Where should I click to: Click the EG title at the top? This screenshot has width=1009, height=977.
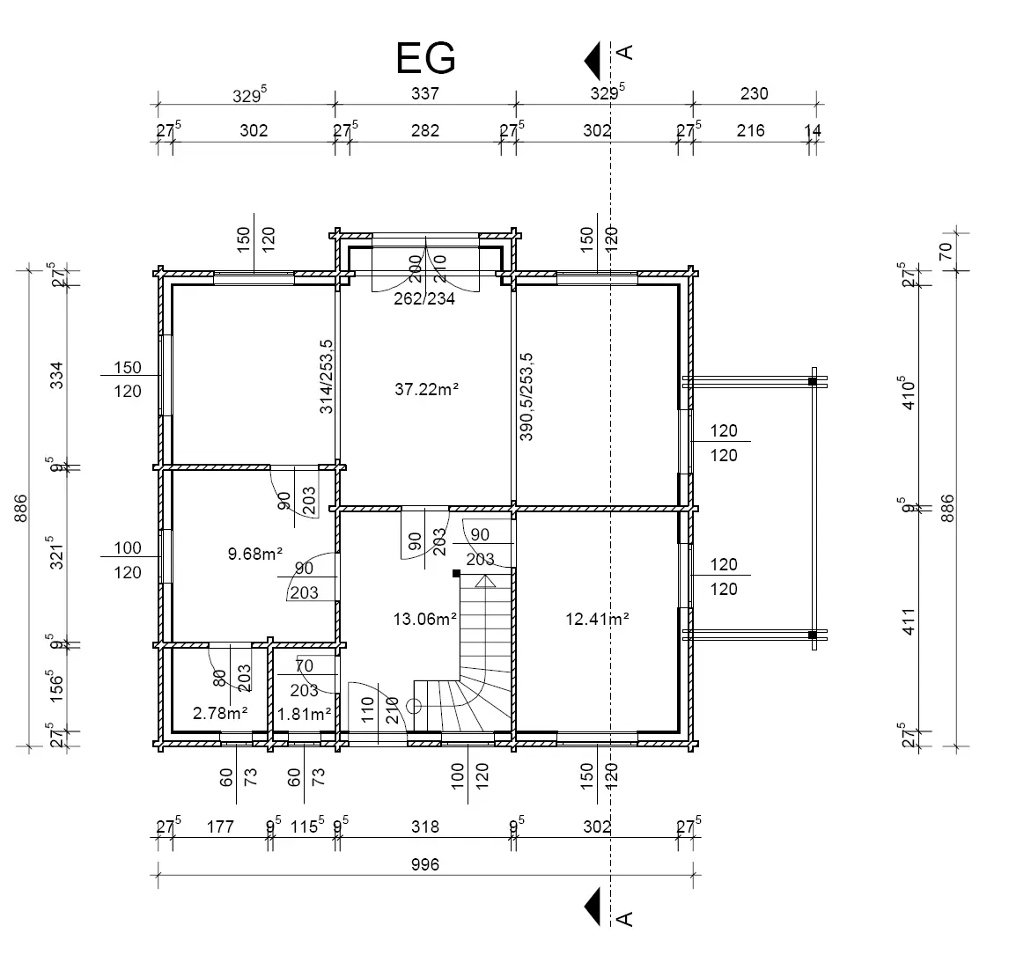(x=426, y=58)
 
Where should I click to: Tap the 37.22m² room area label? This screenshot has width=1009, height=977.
(x=426, y=387)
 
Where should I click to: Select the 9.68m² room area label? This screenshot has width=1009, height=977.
(x=254, y=554)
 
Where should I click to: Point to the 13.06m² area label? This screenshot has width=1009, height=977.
(x=425, y=619)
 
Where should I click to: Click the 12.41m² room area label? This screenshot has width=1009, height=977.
(x=596, y=619)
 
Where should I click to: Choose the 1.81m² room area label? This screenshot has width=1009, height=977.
(x=305, y=713)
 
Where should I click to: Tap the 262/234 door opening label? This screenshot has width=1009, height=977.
(x=425, y=298)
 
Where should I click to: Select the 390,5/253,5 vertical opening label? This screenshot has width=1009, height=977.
(x=527, y=396)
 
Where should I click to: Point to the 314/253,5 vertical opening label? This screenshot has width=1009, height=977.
(x=327, y=377)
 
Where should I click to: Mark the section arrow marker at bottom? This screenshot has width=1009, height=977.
(x=593, y=907)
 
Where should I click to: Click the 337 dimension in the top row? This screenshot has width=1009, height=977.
(x=424, y=93)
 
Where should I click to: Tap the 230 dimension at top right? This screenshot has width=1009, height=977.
(x=754, y=93)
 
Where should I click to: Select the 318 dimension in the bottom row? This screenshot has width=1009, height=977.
(x=424, y=827)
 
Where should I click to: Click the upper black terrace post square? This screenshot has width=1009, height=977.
(x=813, y=381)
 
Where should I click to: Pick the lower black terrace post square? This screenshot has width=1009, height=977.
(x=813, y=635)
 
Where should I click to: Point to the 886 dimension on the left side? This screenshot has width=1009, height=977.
(x=21, y=508)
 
